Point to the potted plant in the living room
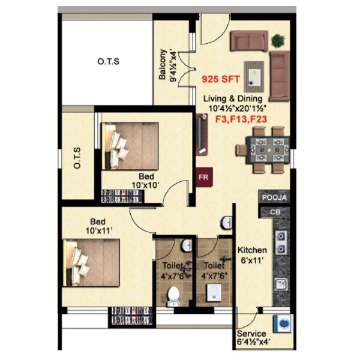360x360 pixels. coord(277,41)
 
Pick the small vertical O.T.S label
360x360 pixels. coord(77,157)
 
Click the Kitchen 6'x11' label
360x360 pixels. coord(252,255)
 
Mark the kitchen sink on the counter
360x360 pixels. coord(280,284)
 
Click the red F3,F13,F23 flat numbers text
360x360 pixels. coord(241,119)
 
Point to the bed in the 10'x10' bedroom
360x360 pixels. coord(130,146)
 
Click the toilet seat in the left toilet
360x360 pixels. coord(173,295)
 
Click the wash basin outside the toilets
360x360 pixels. coord(227,223)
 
